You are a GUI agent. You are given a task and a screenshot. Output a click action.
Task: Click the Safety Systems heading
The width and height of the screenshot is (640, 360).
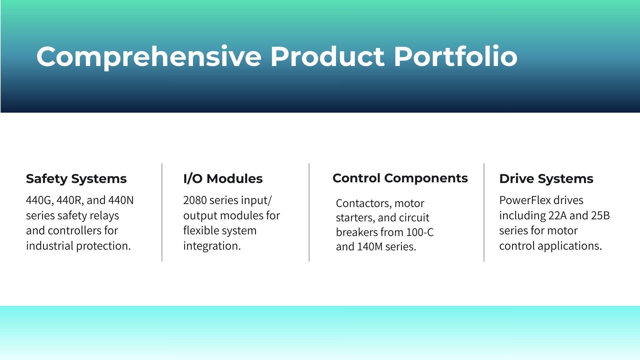(x=76, y=179)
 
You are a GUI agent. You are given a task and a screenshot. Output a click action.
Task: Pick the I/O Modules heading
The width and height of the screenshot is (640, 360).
(x=223, y=178)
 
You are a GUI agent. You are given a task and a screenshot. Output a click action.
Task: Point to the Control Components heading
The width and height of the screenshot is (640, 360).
(x=400, y=178)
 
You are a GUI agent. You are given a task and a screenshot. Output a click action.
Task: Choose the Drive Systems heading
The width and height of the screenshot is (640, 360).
(x=546, y=179)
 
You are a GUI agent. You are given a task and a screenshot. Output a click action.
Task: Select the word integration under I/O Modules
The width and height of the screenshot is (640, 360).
(x=212, y=246)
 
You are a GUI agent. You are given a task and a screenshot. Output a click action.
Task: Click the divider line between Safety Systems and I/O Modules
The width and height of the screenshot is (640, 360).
(x=162, y=212)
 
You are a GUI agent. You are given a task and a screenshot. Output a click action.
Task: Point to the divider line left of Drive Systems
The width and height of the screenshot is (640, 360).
(x=484, y=212)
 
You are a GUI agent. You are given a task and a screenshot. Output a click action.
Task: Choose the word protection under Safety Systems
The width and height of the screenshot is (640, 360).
(x=104, y=246)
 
